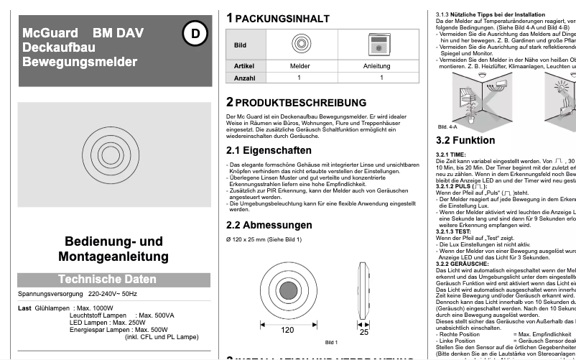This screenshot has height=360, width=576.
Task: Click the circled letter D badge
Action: tap(195, 32)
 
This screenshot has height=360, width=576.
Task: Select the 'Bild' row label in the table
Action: tap(241, 45)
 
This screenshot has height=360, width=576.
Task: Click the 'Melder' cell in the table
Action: tap(300, 65)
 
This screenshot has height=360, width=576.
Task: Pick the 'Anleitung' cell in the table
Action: tap(376, 65)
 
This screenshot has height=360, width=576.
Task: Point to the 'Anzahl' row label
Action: tap(244, 78)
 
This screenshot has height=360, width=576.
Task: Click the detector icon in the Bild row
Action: tap(300, 45)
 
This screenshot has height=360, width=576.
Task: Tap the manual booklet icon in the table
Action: tap(376, 45)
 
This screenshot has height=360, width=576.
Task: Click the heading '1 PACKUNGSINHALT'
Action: tap(277, 17)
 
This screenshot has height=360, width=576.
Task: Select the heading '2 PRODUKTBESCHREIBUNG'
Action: tap(296, 102)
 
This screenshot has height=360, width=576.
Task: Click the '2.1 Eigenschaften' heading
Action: tap(269, 150)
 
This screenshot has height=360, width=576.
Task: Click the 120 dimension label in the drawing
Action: tap(287, 331)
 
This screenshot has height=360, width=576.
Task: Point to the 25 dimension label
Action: tap(363, 331)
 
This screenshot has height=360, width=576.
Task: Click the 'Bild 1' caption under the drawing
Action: tap(332, 341)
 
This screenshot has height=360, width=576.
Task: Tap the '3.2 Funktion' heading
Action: tap(465, 140)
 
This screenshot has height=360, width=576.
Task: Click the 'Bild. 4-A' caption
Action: tap(447, 126)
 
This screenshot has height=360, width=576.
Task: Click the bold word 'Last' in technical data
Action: tap(25, 308)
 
